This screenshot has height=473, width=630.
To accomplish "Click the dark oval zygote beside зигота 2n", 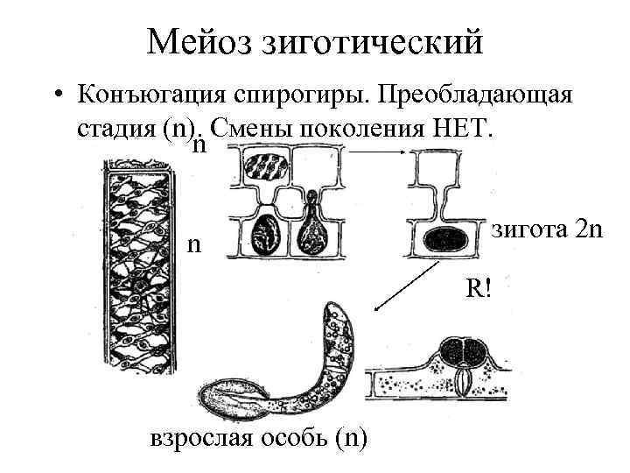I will [450, 238].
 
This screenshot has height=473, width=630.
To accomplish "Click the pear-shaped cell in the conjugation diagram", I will [311, 231].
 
